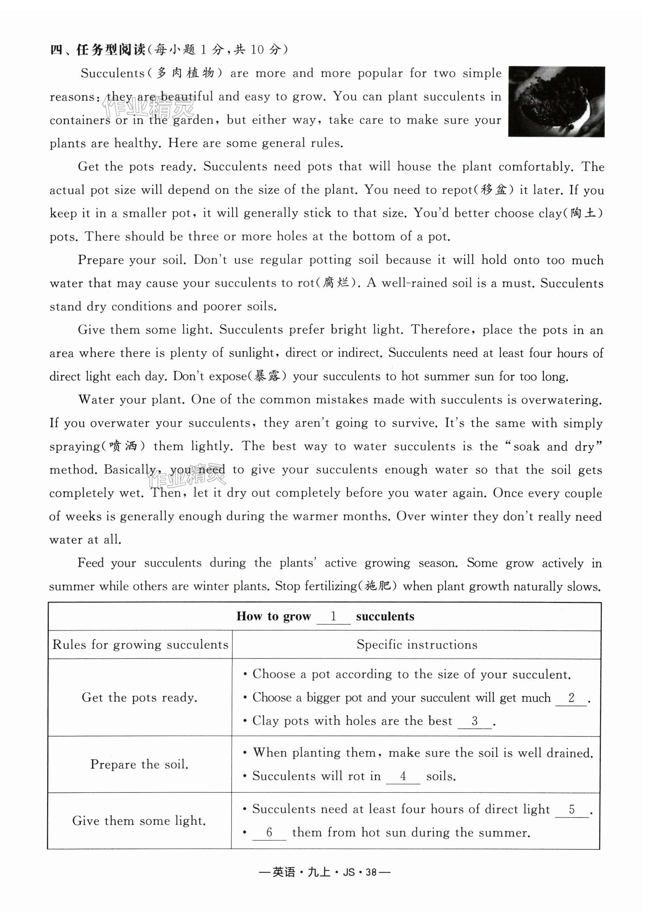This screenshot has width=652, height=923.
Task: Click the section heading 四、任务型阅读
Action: (97, 50)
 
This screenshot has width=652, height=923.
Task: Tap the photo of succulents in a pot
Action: (556, 102)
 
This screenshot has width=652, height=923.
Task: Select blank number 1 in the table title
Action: (333, 617)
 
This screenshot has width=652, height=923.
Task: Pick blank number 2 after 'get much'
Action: (571, 698)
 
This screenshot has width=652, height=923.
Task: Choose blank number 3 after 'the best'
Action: (475, 721)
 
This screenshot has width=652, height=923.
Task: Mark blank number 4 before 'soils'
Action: (403, 776)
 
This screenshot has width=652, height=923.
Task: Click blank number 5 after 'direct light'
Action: (572, 809)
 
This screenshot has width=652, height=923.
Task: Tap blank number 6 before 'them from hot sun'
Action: (269, 833)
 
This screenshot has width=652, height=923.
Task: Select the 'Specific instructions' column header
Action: (417, 645)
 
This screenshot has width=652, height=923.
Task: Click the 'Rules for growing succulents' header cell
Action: (140, 645)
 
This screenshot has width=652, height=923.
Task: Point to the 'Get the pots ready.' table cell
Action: (140, 698)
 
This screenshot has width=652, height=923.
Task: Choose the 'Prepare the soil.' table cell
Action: (140, 764)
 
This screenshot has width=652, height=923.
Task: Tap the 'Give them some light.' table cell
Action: (140, 821)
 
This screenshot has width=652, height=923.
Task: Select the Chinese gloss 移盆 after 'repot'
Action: (494, 190)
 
